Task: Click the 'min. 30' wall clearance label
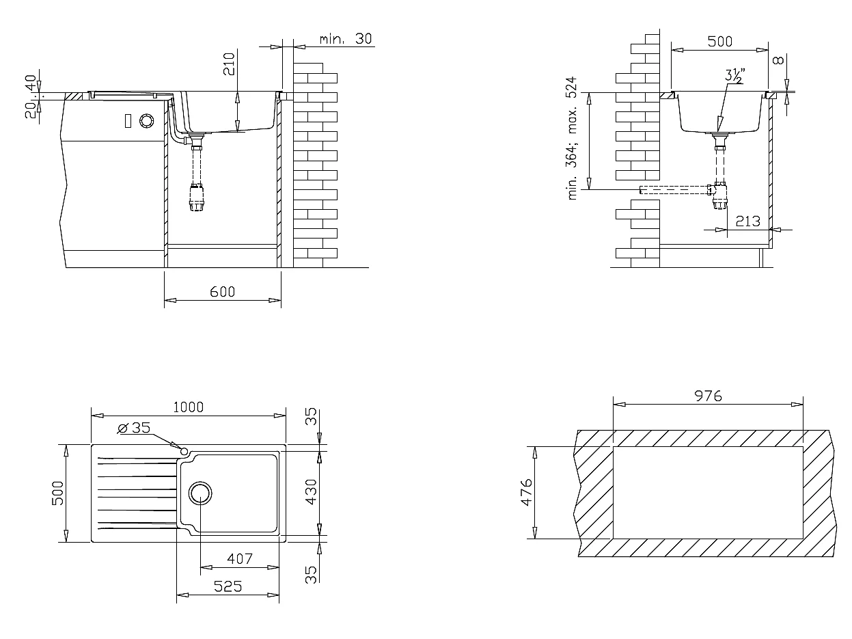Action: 346,39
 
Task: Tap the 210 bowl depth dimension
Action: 229,64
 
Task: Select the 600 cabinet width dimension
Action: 223,292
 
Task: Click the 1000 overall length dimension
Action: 189,407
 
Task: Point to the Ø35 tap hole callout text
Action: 134,428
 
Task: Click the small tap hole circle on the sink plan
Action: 184,451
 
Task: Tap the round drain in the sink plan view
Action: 200,493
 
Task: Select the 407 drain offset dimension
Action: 240,558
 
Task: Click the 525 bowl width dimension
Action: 228,586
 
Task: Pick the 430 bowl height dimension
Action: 312,492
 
